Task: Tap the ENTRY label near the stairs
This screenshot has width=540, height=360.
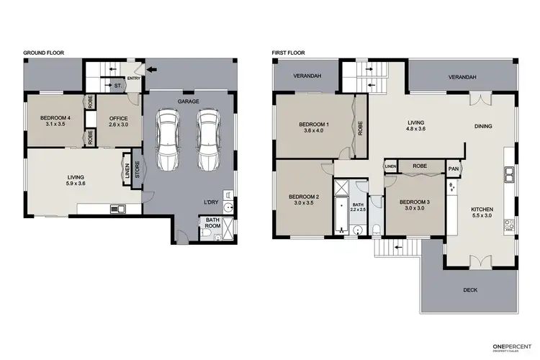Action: (134, 78)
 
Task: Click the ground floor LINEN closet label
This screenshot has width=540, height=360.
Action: (126, 172)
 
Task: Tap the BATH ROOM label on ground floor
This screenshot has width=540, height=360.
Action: (212, 222)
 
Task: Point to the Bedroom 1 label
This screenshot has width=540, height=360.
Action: (314, 127)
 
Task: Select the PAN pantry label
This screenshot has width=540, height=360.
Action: (454, 169)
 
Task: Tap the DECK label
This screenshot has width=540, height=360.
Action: (470, 290)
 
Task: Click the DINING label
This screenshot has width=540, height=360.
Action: (483, 127)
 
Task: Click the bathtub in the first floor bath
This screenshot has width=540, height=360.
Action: (341, 214)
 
